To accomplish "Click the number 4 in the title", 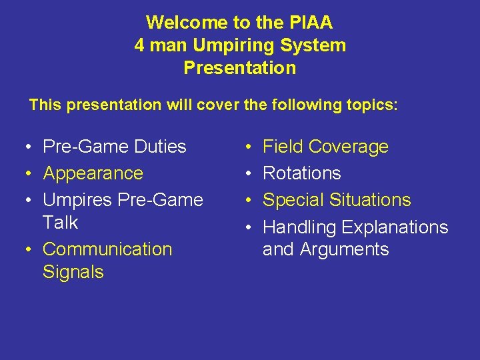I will [x=139, y=45].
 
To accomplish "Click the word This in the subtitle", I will [x=45, y=105].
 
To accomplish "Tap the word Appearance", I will [x=93, y=173].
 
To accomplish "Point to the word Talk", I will [x=61, y=223].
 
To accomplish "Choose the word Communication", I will [x=107, y=249].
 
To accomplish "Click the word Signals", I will [x=73, y=272].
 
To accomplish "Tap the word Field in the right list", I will [x=283, y=147].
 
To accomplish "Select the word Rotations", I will [x=302, y=173].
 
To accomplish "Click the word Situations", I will [x=370, y=200].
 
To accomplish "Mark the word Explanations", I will [x=395, y=227].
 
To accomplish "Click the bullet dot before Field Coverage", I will [x=247, y=147].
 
